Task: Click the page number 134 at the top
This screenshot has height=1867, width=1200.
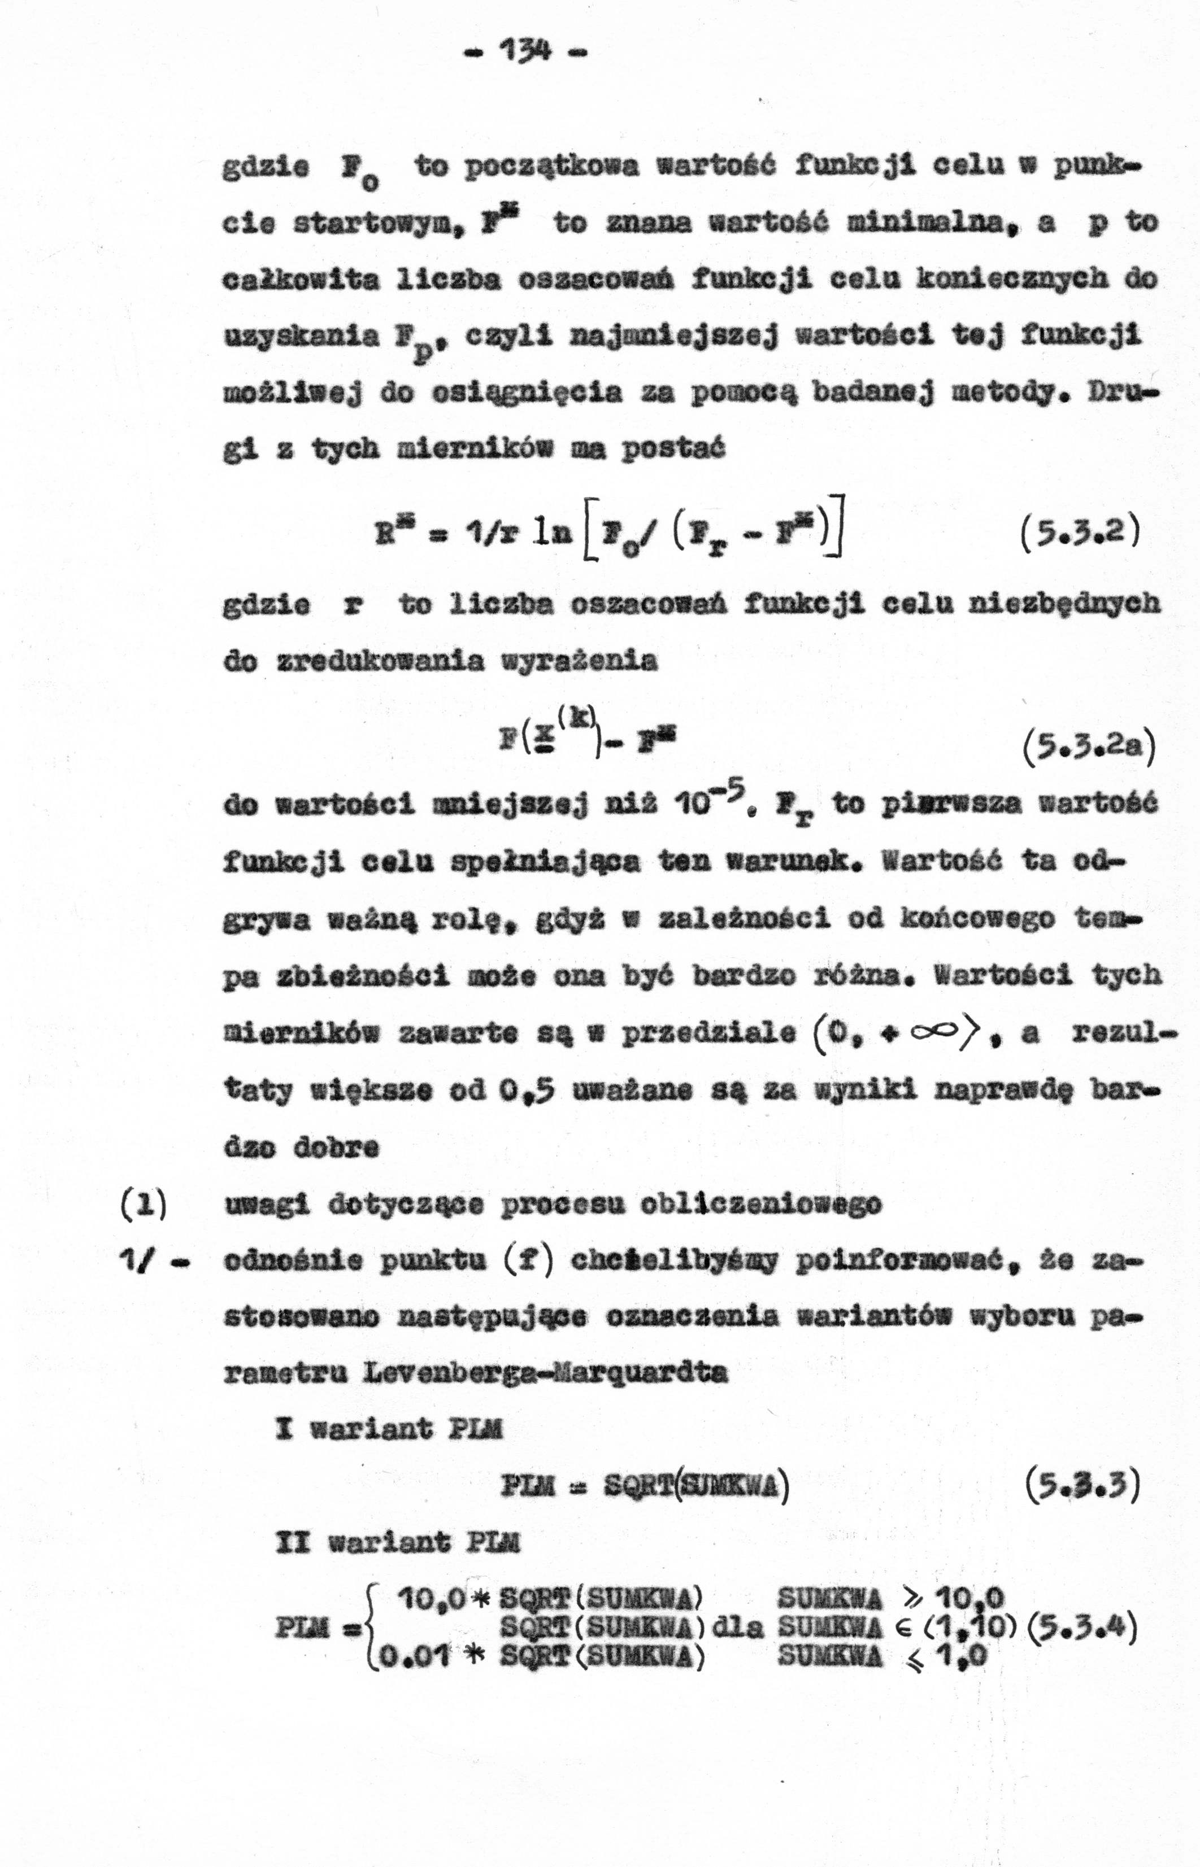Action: click(x=526, y=52)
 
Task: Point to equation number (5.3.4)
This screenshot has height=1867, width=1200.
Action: click(x=1082, y=1629)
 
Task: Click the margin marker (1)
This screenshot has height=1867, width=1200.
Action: click(x=144, y=1205)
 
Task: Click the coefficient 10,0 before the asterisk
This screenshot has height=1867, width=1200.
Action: click(x=432, y=1599)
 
